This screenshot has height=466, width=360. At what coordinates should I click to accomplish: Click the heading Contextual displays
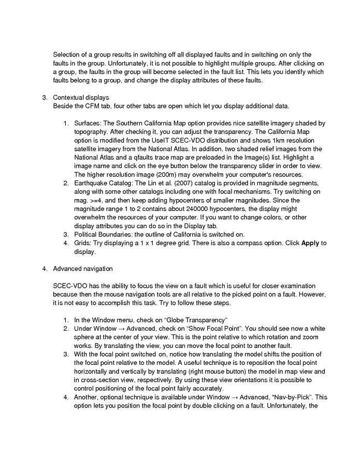(81, 97)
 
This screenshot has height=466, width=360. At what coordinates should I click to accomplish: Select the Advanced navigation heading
(83, 269)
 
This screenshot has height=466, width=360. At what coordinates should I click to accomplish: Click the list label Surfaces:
(89, 123)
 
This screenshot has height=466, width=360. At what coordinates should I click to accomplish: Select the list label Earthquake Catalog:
(106, 183)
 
